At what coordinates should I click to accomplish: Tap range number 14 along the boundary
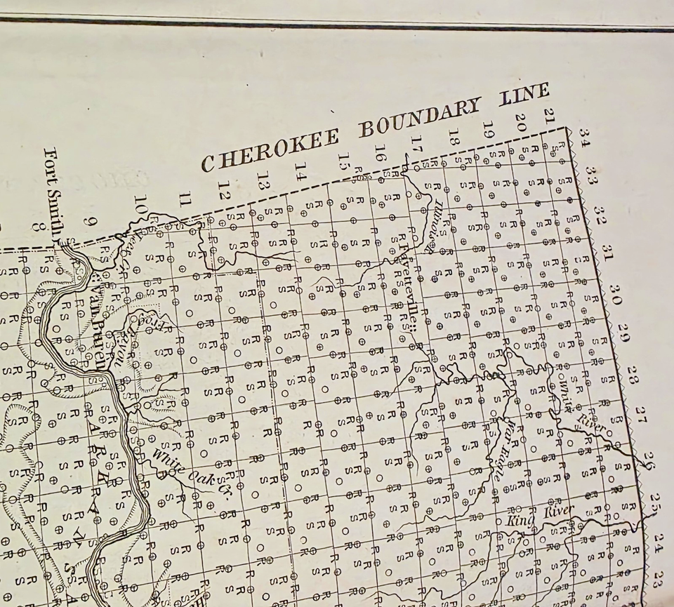tap(300, 170)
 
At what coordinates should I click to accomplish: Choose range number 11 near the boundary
tap(185, 199)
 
